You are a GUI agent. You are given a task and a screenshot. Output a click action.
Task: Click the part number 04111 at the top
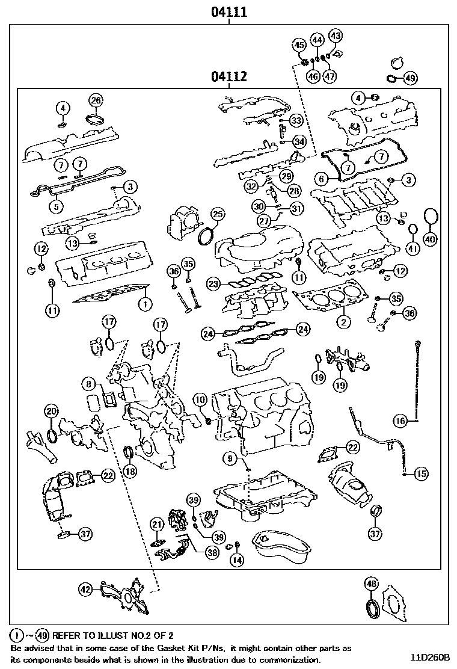(x=229, y=11)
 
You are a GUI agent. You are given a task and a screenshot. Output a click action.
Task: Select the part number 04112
(x=229, y=77)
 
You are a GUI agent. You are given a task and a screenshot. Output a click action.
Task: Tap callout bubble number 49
(x=409, y=78)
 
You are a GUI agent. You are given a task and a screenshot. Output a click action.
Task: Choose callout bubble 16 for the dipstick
(x=401, y=420)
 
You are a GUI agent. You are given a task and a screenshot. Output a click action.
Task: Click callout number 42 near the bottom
(x=87, y=590)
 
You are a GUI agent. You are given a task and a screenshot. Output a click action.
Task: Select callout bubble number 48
(x=372, y=584)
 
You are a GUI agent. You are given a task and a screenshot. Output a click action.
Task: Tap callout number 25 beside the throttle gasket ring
(x=216, y=215)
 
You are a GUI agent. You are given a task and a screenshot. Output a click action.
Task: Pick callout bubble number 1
(x=144, y=304)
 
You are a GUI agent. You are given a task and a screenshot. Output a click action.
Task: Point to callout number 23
(x=213, y=283)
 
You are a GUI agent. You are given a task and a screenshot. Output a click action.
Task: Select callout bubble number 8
(x=89, y=383)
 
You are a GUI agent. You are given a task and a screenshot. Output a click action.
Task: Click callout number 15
(x=421, y=474)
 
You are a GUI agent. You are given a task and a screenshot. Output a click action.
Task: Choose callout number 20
(x=52, y=412)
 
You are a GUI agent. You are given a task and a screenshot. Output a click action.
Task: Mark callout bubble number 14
(x=238, y=560)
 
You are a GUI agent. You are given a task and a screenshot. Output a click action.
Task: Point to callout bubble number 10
(x=200, y=399)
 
